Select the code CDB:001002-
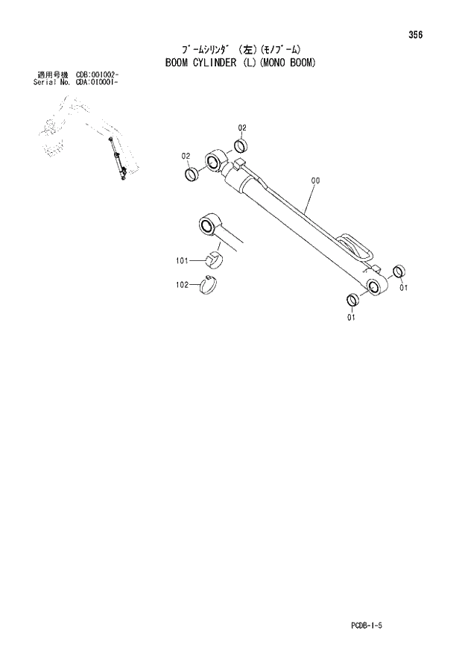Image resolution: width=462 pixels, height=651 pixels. point(97,75)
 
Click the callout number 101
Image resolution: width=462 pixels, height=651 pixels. point(183,261)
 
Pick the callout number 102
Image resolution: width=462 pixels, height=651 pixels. point(183,284)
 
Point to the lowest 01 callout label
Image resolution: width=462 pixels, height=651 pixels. point(350,317)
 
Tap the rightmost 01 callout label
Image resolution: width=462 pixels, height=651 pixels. point(403,288)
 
